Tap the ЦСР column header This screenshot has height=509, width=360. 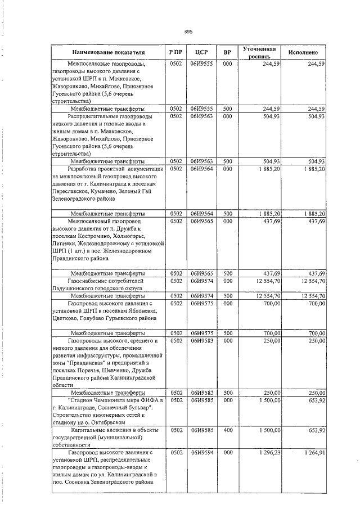pyautogui.click(x=201, y=52)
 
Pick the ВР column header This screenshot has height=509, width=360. pyautogui.click(x=227, y=52)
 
